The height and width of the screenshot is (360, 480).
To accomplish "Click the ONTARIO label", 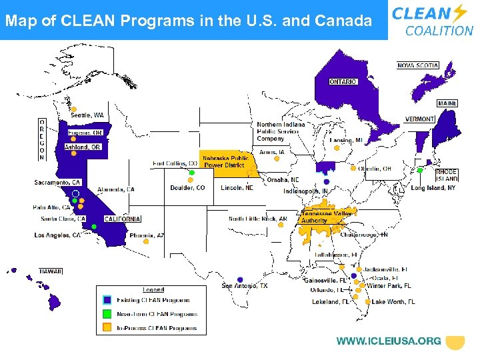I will (x=343, y=81).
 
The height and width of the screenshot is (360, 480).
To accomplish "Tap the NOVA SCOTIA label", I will (x=418, y=65).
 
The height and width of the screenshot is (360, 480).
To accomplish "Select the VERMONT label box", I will (x=419, y=119).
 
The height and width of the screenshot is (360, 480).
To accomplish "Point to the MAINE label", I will (x=447, y=103).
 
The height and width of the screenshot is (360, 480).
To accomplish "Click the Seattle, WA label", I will (x=87, y=115).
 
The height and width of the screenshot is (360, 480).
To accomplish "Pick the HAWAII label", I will (x=50, y=271).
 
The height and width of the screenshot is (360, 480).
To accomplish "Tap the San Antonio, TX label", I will (x=245, y=286).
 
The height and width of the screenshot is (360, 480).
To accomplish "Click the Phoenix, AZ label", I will (x=146, y=235).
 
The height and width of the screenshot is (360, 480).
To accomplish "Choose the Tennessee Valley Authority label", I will (x=326, y=217).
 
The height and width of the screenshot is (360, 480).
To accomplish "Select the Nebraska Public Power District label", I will (x=225, y=161).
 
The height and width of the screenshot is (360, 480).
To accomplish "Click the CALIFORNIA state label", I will (x=123, y=219).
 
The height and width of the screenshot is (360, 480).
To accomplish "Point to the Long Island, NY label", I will (x=433, y=188).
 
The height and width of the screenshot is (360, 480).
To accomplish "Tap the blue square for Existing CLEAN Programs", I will (x=107, y=301).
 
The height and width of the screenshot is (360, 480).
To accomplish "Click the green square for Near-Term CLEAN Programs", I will (x=107, y=314).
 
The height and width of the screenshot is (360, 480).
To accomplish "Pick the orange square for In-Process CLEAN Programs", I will (x=107, y=328).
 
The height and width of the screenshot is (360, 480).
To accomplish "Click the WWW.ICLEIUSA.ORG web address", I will (x=389, y=341).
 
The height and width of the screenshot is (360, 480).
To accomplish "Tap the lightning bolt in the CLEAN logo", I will (x=460, y=13).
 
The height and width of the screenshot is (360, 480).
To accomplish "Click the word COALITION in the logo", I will (x=439, y=31).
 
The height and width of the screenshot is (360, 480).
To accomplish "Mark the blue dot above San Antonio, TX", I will (x=240, y=279).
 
